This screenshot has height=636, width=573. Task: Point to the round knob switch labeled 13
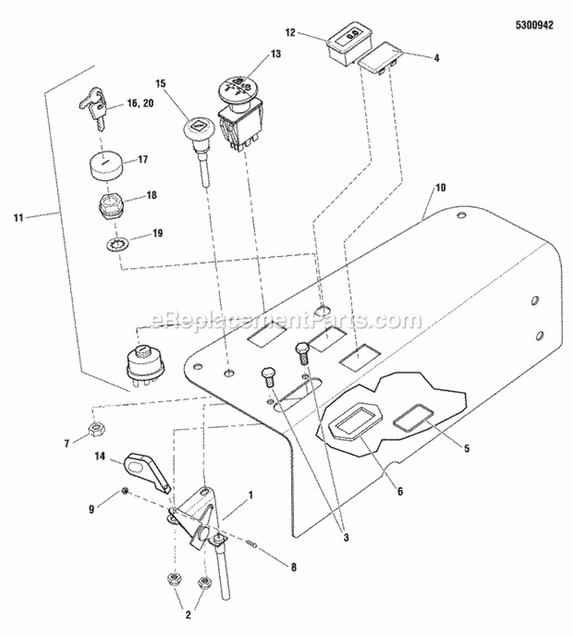pos(238,89)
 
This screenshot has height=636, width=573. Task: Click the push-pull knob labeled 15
pos(197,127)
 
